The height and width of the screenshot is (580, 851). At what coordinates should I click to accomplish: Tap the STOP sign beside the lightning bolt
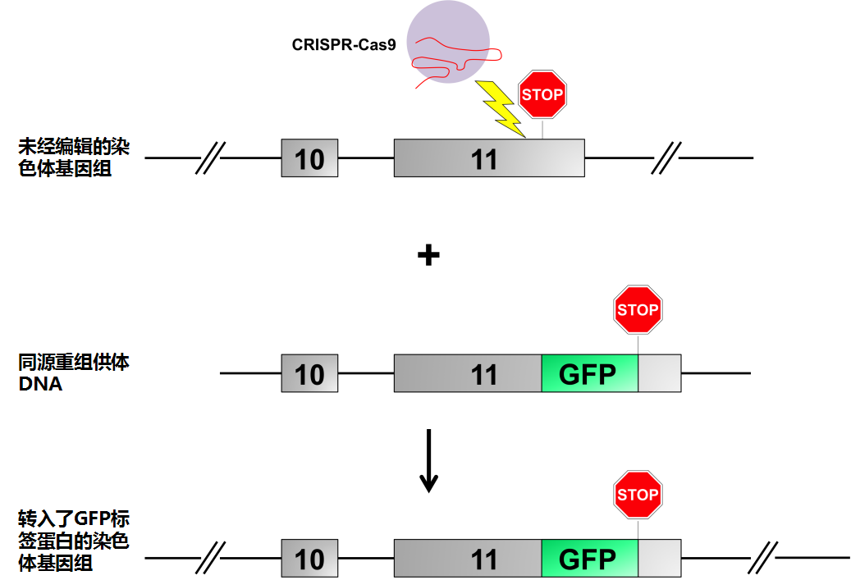542,94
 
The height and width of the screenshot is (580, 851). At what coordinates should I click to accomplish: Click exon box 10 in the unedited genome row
309,158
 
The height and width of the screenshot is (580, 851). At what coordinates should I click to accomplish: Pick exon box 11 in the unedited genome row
488,158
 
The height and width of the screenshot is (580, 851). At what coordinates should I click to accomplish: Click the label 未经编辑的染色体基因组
75,158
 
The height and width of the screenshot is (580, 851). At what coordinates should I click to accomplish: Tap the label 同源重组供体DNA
75,372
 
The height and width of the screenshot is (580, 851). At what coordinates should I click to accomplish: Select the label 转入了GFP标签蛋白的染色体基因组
75,541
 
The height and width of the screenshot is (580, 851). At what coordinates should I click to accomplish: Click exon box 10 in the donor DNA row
309,374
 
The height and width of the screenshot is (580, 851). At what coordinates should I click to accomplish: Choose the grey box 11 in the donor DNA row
468,374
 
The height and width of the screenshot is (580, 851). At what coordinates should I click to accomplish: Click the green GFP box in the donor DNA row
589,374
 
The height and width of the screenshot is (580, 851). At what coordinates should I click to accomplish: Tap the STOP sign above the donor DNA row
638,309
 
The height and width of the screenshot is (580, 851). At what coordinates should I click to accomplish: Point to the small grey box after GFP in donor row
659,374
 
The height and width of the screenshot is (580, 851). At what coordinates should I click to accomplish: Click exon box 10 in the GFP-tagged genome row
309,559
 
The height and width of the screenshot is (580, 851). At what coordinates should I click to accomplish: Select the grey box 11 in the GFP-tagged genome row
468,559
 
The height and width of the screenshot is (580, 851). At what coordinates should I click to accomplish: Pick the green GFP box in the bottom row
589,559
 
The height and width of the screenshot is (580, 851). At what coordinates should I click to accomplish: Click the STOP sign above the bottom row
638,495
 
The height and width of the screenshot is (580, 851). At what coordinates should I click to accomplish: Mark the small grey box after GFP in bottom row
659,559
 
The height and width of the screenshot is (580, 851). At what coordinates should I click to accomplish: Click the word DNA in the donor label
40,383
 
